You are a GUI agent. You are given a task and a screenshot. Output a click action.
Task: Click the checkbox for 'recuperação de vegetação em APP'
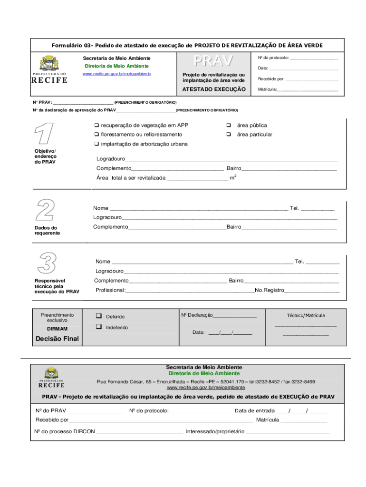(96, 126)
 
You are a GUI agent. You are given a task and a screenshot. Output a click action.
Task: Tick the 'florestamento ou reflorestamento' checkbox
(96, 135)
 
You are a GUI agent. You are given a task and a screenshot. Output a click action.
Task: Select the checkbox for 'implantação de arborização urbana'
(96, 144)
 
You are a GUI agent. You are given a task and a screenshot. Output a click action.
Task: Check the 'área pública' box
(228, 126)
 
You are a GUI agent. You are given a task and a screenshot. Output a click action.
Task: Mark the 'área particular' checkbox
(228, 135)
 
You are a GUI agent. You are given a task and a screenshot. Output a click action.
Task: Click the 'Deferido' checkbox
(99, 316)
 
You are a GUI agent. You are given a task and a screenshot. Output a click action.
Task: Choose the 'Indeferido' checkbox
(99, 327)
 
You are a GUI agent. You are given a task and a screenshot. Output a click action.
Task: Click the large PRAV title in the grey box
(213, 61)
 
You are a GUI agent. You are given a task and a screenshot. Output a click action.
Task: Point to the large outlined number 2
(46, 210)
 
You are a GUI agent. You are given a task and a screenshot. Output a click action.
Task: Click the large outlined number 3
(47, 263)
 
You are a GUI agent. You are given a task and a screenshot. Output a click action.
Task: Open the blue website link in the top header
(117, 74)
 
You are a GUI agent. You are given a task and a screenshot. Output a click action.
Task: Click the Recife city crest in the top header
(49, 63)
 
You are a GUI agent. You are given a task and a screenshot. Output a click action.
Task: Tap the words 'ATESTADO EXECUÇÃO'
(214, 89)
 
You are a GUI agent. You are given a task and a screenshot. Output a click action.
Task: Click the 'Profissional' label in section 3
(110, 290)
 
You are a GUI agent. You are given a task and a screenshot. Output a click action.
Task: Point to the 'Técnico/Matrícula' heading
(306, 315)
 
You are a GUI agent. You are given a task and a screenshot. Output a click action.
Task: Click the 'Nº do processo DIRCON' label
(65, 431)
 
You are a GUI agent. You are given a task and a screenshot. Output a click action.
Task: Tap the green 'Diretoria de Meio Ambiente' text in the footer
(204, 373)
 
